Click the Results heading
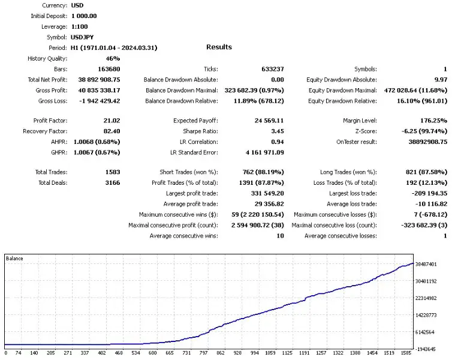[x=219, y=47]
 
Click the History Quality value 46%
[x=113, y=58]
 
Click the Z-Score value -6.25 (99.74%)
[x=423, y=131]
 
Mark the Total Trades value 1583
[x=112, y=172]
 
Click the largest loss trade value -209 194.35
[x=424, y=193]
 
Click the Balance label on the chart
[x=15, y=258]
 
